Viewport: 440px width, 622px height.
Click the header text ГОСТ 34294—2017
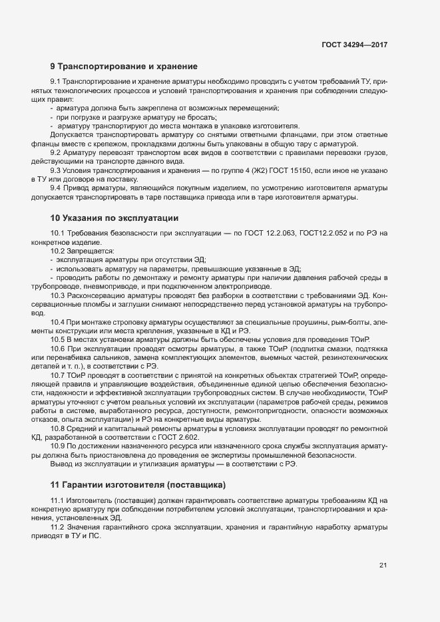click(x=354, y=45)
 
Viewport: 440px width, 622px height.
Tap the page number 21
click(x=383, y=565)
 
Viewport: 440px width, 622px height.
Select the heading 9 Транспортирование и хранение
click(x=124, y=67)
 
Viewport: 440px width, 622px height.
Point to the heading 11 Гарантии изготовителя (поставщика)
click(x=138, y=484)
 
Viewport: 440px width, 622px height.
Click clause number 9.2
click(x=57, y=152)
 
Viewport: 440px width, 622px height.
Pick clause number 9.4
click(x=57, y=188)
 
